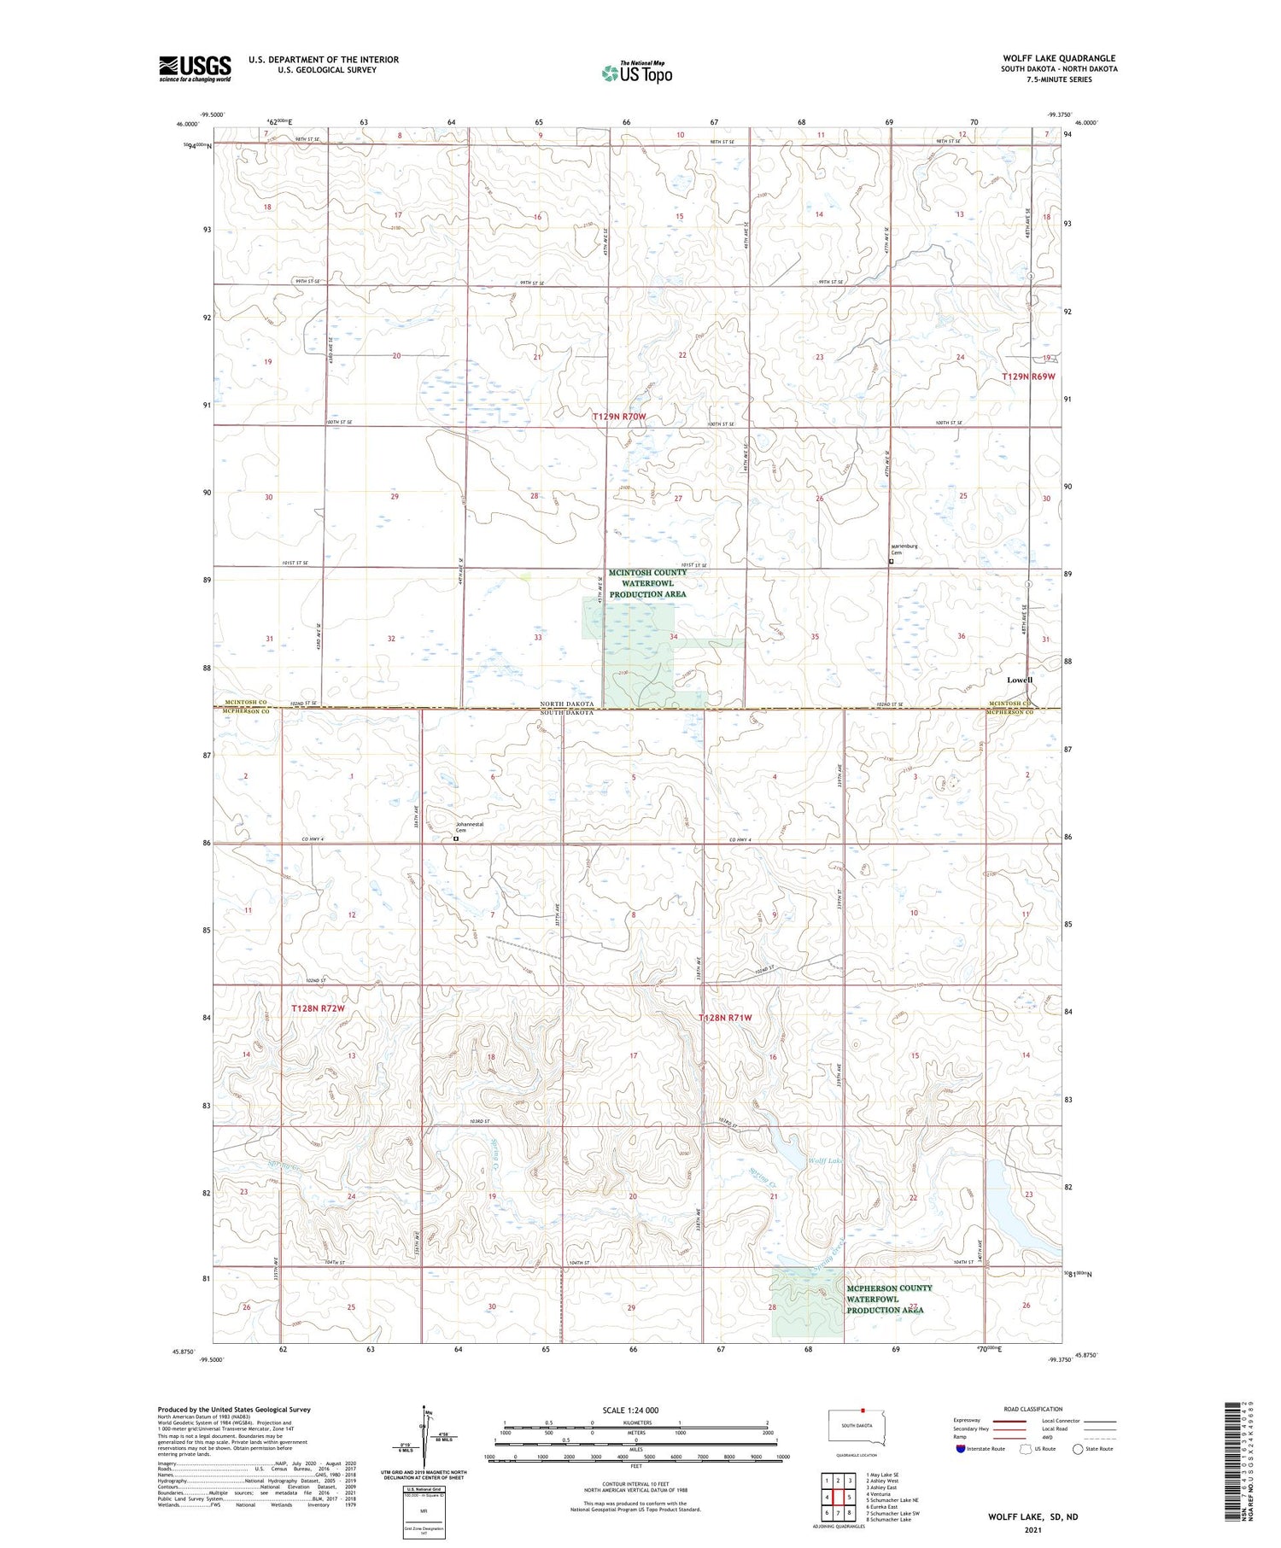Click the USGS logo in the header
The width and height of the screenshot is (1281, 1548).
point(195,68)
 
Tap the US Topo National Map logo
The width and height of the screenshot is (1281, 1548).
point(637,73)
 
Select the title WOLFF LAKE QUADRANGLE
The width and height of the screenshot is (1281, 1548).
point(1059,58)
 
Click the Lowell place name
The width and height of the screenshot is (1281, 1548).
point(1019,680)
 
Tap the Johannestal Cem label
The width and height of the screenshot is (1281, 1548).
point(470,827)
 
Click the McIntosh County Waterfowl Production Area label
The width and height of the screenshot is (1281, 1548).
point(647,583)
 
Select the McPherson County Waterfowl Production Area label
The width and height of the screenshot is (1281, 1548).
point(888,1299)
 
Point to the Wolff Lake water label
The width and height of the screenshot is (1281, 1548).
point(825,1161)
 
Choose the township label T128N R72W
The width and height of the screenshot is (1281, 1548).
point(318,1008)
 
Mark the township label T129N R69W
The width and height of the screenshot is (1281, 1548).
point(1028,377)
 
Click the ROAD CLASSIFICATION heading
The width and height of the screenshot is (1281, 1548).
point(1033,1409)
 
